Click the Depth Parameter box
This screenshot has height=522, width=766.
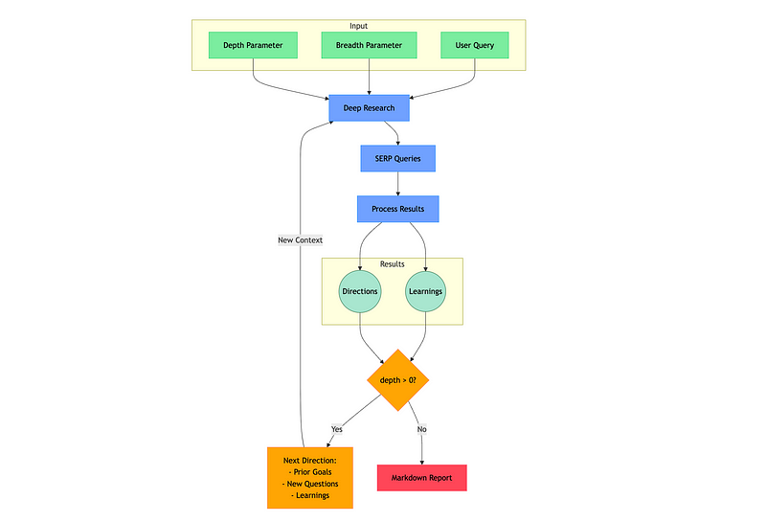tap(253, 45)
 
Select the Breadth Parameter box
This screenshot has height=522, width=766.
tap(369, 45)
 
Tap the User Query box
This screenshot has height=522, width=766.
tap(474, 45)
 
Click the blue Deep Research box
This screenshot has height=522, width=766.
tap(369, 108)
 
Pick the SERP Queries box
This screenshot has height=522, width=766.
tap(397, 158)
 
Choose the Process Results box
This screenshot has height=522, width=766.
tap(397, 209)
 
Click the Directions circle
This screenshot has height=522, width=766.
tap(360, 291)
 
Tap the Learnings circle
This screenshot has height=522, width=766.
tap(425, 291)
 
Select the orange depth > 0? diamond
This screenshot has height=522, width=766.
tap(398, 380)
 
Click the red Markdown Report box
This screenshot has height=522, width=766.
tap(422, 478)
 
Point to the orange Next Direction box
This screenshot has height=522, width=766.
tap(310, 478)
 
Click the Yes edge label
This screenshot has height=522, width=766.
tap(337, 429)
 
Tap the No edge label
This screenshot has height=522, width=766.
tap(421, 429)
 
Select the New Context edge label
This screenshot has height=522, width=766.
tap(300, 240)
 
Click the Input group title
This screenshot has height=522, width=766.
tap(358, 26)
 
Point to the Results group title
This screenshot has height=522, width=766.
tap(393, 264)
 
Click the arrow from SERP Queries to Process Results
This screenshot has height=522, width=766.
tap(397, 184)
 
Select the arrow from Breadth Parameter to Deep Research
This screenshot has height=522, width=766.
tap(369, 77)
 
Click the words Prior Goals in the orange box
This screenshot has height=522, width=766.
tap(313, 472)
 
